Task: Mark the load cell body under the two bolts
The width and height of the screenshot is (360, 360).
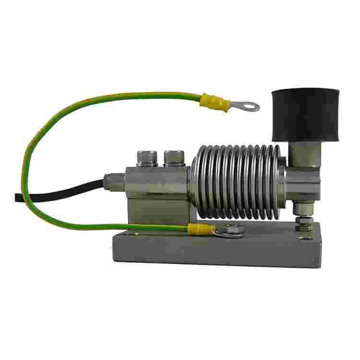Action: click(x=156, y=180)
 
